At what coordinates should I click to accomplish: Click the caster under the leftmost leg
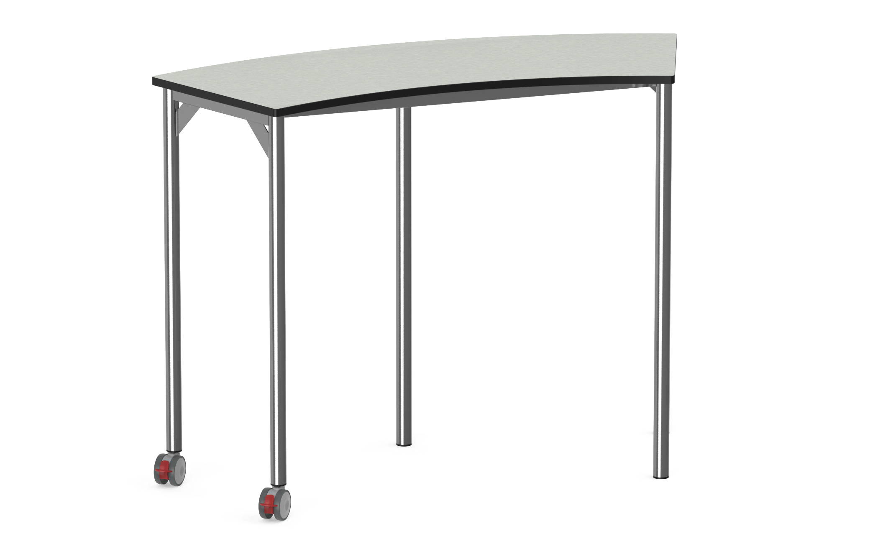coord(170,470)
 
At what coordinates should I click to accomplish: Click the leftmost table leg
coord(172,272)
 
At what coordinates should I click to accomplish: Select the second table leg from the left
coord(276,293)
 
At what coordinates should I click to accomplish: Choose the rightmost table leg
coord(661,272)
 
